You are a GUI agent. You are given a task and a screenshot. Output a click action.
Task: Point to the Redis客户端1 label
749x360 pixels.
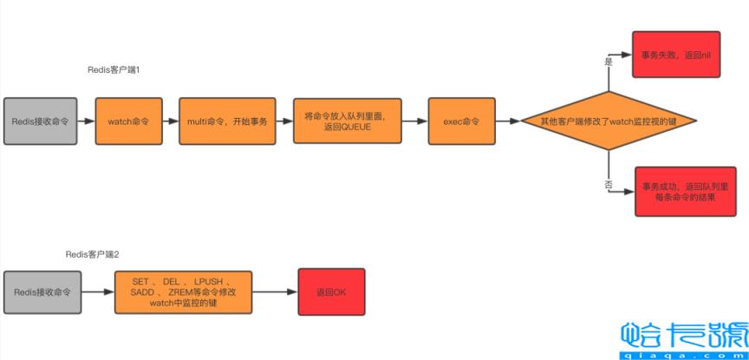point(114,69)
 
